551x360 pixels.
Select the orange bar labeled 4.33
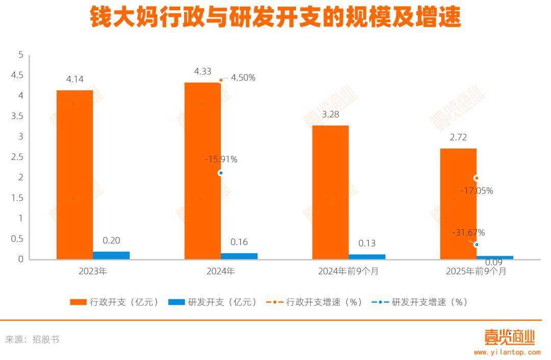point(203,171)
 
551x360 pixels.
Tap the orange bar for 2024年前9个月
point(330,192)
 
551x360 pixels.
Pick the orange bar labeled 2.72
point(458,204)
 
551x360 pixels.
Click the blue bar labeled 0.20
point(111,255)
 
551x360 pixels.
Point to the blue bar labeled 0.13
point(367,256)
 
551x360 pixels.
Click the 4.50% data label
point(243,78)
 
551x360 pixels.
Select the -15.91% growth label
point(221,159)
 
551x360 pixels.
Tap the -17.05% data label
point(477,191)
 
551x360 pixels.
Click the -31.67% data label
point(468,233)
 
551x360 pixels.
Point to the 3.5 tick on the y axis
point(17,116)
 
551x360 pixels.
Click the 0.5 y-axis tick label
point(17,238)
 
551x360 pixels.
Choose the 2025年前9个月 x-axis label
point(476,272)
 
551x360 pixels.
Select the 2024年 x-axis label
point(220,272)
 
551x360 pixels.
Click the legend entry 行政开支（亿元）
point(115,302)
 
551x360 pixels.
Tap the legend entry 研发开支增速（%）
point(419,302)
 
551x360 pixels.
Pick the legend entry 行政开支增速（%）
point(315,302)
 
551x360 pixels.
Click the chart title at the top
point(275,17)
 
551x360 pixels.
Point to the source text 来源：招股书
point(33,339)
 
